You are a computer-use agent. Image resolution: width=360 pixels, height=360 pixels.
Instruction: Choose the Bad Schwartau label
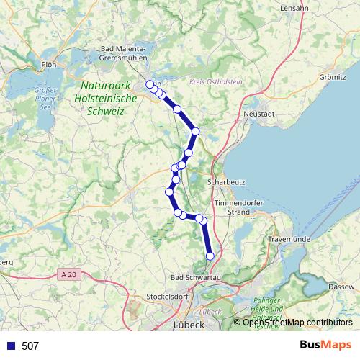point(193,276)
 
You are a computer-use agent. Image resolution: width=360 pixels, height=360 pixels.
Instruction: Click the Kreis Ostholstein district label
point(215,83)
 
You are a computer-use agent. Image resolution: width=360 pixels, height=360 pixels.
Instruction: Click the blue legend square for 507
point(10,346)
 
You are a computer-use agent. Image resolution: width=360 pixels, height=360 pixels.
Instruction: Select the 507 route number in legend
point(30,346)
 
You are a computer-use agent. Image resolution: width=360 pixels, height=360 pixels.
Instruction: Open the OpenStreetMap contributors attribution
point(297,322)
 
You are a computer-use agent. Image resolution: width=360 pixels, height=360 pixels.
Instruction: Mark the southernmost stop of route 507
point(210,256)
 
